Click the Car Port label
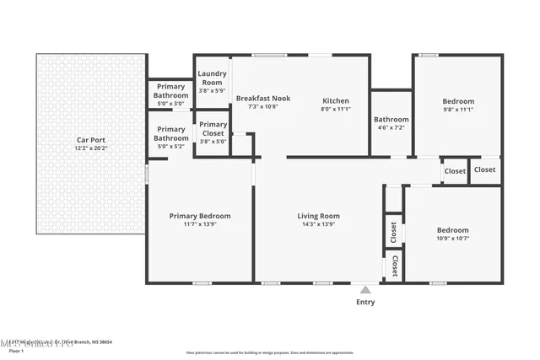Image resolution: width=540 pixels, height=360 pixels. pyautogui.click(x=91, y=140)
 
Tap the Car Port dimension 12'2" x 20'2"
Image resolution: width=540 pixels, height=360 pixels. pyautogui.click(x=91, y=148)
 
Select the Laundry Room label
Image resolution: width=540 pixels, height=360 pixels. pyautogui.click(x=213, y=78)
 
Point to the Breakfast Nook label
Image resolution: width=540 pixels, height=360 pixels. pyautogui.click(x=263, y=99)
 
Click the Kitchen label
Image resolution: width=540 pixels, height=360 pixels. pyautogui.click(x=335, y=99)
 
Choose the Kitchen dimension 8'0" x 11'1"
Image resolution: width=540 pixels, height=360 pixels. pyautogui.click(x=335, y=108)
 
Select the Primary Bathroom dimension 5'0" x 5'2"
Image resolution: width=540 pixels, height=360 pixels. pyautogui.click(x=170, y=147)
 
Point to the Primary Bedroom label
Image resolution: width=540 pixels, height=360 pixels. pyautogui.click(x=200, y=216)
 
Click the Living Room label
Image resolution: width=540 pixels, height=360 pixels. pyautogui.click(x=318, y=216)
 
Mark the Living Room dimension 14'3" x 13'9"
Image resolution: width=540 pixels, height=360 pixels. pyautogui.click(x=318, y=225)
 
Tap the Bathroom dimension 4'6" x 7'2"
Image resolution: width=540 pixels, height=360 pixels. pyautogui.click(x=391, y=128)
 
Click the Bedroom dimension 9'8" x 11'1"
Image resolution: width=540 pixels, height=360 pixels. pyautogui.click(x=458, y=110)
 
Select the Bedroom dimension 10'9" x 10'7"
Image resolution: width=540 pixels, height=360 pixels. pyautogui.click(x=453, y=239)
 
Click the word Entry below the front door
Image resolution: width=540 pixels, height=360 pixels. pyautogui.click(x=365, y=302)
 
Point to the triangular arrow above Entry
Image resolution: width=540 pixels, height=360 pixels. pyautogui.click(x=365, y=288)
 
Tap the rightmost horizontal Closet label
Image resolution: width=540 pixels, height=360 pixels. pyautogui.click(x=485, y=169)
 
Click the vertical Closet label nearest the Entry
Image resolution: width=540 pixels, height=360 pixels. pyautogui.click(x=394, y=267)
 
